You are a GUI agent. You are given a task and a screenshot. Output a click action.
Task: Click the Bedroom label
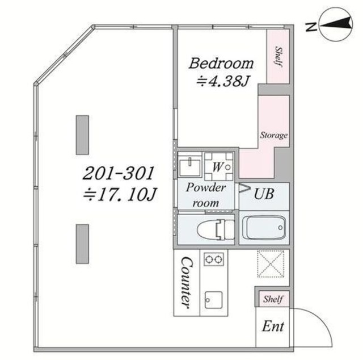tap(221, 63)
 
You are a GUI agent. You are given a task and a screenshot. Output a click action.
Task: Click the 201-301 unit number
tap(118, 173)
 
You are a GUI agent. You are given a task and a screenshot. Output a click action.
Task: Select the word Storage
tap(274, 135)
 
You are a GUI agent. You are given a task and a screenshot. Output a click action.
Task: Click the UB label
tap(264, 194)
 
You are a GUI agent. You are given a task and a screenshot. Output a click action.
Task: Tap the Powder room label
tap(205, 195)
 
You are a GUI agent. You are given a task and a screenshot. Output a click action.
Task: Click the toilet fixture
tap(216, 229)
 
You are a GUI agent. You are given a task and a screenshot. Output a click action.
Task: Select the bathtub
tap(266, 228)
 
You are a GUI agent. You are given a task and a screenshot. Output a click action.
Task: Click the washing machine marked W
tap(219, 166)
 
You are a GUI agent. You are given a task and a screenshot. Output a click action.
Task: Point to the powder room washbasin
tap(189, 165)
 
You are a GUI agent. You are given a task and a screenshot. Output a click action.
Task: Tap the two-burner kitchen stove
tap(214, 259)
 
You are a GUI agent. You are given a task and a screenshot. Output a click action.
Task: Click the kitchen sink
tap(214, 300)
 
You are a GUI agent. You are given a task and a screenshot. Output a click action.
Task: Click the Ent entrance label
tap(273, 326)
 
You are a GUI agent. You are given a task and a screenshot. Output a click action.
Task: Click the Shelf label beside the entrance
tap(273, 299)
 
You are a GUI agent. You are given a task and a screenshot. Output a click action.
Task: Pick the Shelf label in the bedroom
tap(278, 57)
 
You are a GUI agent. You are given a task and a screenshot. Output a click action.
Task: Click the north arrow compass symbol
tap(336, 25)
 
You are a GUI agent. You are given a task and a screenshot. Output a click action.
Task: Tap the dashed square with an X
tap(271, 263)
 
